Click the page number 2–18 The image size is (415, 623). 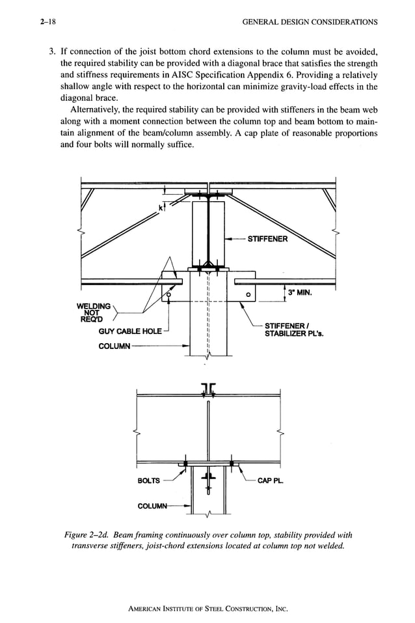tap(47, 21)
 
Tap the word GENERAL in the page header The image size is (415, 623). tap(261, 21)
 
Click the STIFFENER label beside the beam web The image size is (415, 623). tap(267, 238)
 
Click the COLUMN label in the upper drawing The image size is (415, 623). tap(114, 346)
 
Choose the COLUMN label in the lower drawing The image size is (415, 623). tap(154, 506)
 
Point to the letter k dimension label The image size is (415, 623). tap(161, 208)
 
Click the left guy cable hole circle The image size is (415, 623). tap(168, 294)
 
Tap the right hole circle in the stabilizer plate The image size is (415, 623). tap(248, 294)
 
